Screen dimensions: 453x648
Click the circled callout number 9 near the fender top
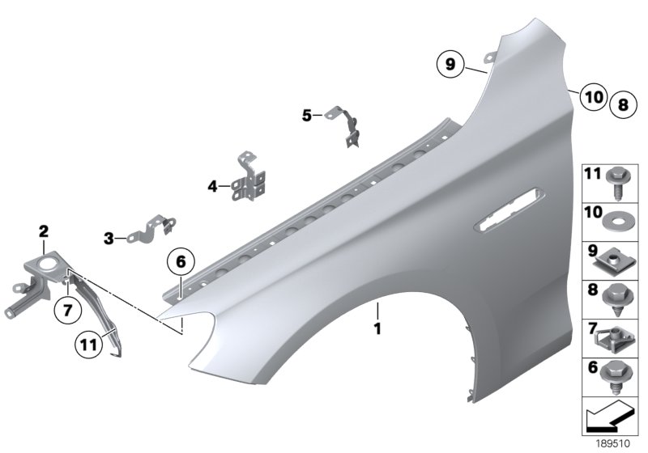click(450, 62)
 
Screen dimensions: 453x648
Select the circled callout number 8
click(623, 104)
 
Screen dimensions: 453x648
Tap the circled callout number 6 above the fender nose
click(181, 262)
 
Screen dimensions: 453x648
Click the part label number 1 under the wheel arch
click(376, 329)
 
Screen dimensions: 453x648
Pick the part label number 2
click(43, 233)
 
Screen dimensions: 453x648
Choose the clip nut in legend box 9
click(615, 260)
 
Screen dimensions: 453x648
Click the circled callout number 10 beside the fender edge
click(593, 97)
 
